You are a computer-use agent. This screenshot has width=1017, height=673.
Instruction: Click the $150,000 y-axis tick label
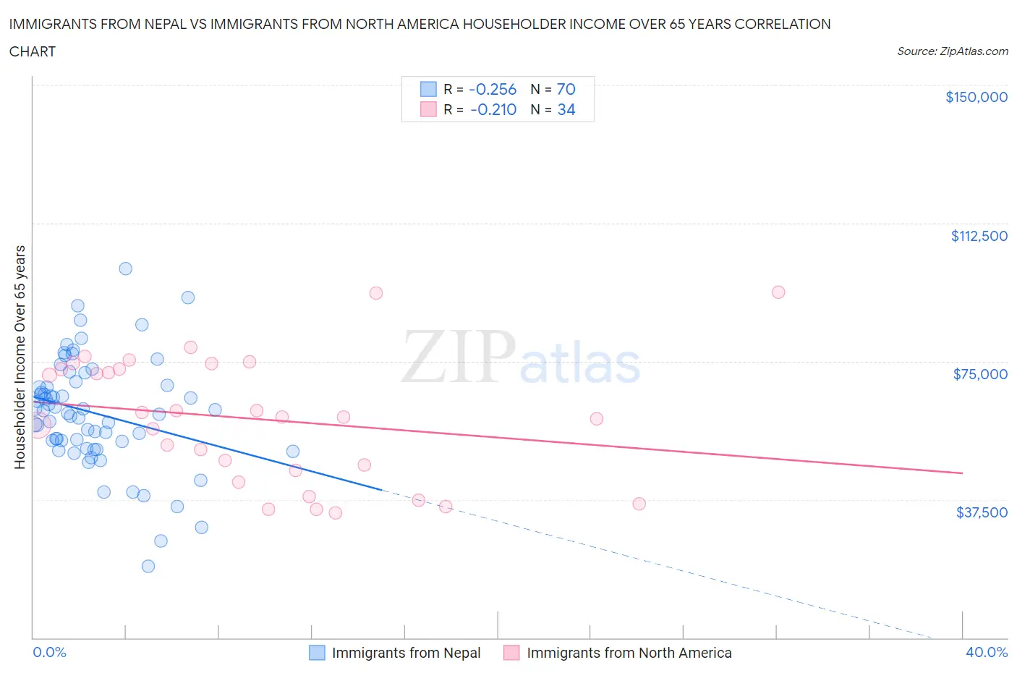tap(976, 97)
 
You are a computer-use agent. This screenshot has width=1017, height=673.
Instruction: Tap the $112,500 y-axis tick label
tap(979, 236)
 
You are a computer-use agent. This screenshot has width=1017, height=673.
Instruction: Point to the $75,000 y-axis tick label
tap(980, 374)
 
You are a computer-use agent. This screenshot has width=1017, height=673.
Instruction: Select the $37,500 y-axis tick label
tap(981, 512)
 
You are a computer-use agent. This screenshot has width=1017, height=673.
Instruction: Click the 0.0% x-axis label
tap(49, 652)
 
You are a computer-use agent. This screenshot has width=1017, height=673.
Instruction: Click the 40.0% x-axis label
tap(986, 652)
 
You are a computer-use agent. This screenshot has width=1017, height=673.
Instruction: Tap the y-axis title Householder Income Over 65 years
tap(20, 357)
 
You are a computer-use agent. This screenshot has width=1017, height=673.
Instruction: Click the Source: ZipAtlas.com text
tap(952, 51)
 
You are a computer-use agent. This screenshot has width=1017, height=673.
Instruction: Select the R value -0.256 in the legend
tap(493, 89)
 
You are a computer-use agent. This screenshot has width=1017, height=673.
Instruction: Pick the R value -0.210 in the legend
tap(493, 109)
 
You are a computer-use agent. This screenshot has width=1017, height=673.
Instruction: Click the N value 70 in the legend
tap(566, 89)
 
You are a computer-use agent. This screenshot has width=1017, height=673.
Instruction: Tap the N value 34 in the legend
tap(566, 109)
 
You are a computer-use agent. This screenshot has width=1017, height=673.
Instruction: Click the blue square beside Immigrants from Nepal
tap(317, 653)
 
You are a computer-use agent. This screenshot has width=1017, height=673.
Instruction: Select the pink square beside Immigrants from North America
tap(511, 653)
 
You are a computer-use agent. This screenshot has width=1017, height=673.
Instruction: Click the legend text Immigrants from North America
tap(629, 653)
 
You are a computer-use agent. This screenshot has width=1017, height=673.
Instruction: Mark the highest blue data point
tap(125, 268)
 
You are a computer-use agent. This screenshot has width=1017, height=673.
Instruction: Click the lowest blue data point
tap(148, 566)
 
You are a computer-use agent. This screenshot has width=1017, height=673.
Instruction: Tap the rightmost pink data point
tap(778, 292)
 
